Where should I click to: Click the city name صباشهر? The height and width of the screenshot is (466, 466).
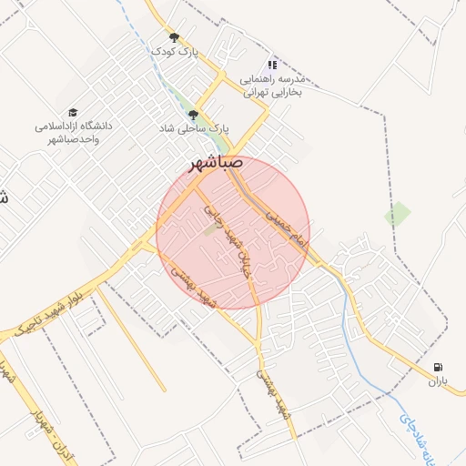[214, 162]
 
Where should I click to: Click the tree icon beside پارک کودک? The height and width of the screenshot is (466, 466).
[174, 38]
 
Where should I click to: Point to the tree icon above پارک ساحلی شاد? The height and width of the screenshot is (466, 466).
[192, 116]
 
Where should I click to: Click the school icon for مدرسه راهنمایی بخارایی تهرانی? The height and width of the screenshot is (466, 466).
[271, 65]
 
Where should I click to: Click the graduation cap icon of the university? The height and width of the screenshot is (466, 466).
[72, 111]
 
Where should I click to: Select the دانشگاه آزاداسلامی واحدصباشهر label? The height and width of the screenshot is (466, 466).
[74, 132]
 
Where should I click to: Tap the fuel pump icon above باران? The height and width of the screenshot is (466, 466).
[441, 367]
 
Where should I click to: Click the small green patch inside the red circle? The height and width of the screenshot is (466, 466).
[210, 230]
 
